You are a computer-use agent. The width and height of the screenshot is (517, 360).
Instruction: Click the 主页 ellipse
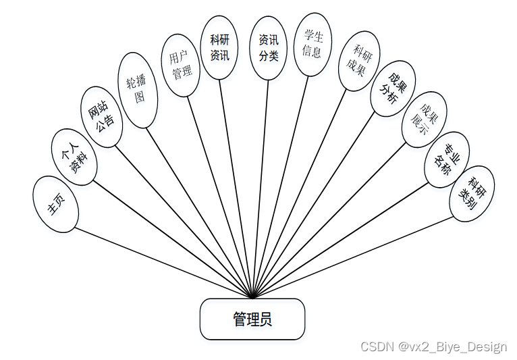click(56, 204)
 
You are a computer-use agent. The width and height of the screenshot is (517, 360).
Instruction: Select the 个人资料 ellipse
click(74, 155)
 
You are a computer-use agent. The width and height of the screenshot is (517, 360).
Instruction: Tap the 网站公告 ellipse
click(101, 116)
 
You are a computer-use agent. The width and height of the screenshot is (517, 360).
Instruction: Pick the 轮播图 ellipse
click(138, 91)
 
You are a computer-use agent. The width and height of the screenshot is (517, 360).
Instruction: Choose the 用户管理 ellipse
click(180, 66)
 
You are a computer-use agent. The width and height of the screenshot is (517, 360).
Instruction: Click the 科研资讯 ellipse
click(220, 48)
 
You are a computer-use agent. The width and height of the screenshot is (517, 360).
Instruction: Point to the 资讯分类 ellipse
click(268, 48)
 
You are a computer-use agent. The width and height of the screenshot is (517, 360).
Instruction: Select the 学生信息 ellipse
click(312, 44)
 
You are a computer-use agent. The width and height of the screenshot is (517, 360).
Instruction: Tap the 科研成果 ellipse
click(359, 61)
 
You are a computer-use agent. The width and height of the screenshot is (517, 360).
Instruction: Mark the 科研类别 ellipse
click(472, 193)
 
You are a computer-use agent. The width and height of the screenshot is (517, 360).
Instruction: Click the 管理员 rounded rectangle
click(252, 319)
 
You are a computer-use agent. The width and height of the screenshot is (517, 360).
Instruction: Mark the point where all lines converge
click(252, 297)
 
